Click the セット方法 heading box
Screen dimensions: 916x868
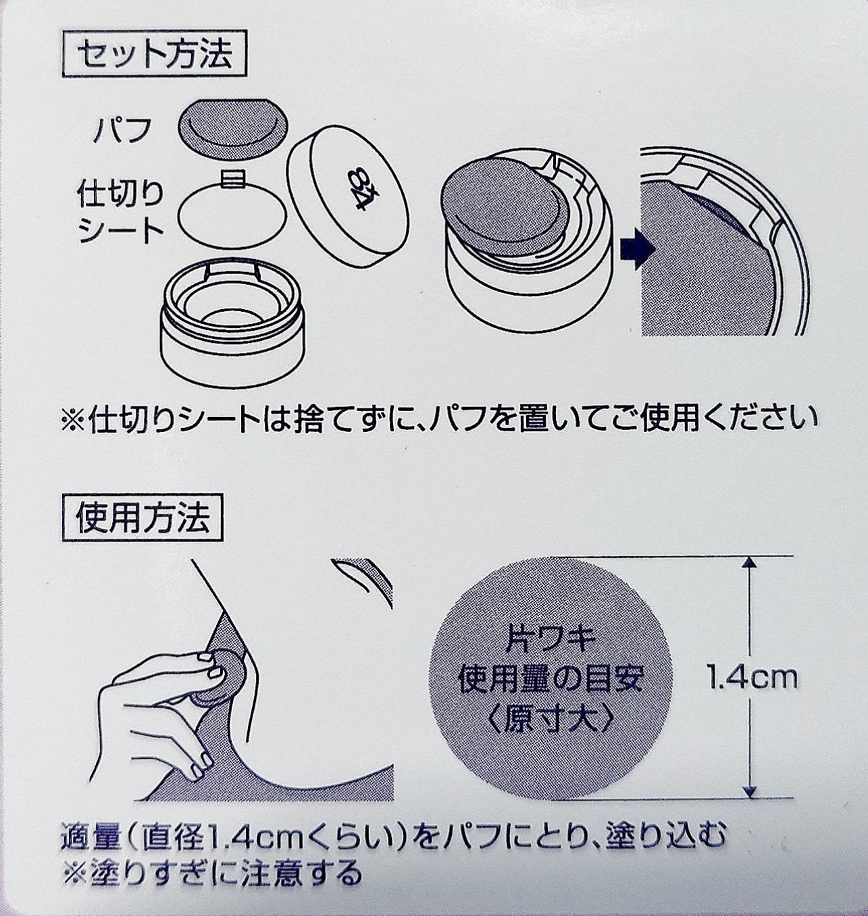pos(155,53)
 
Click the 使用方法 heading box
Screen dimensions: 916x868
pos(143,518)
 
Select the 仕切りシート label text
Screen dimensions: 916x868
pos(121,212)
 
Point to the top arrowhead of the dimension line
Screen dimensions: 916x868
pos(748,564)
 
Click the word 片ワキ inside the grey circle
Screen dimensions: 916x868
pos(551,637)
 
